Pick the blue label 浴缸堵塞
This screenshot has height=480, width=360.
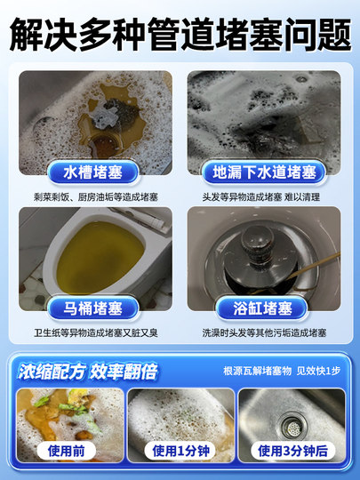tap(264, 308)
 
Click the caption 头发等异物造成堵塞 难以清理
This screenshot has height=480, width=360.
tap(264, 194)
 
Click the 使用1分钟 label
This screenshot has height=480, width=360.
tap(180, 451)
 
